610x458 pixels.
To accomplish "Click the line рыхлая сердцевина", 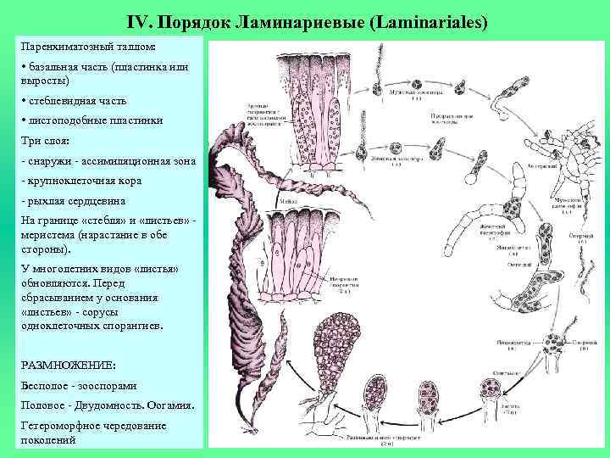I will click(x=75, y=201).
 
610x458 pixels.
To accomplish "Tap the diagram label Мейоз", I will click(x=286, y=202).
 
